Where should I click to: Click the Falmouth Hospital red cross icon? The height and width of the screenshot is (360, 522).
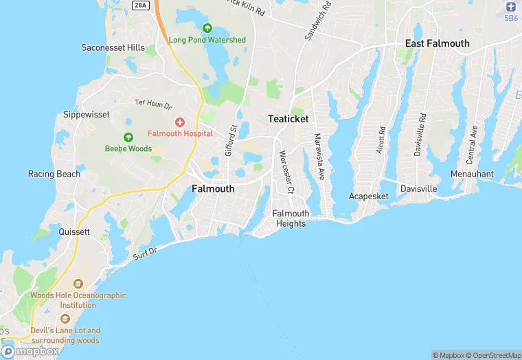[x=179, y=122]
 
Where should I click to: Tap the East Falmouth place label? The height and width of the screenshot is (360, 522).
[x=438, y=43]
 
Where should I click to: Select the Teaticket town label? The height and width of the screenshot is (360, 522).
[x=288, y=119]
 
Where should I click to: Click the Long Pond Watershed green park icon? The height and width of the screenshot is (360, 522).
[x=207, y=28]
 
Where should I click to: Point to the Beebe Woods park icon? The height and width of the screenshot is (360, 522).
[x=128, y=137]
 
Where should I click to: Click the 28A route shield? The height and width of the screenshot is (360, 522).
[x=140, y=5]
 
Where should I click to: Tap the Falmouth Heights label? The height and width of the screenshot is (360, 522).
[x=291, y=218]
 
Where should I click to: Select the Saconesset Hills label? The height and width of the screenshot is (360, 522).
[x=113, y=47]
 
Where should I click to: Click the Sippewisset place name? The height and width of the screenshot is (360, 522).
[x=87, y=115]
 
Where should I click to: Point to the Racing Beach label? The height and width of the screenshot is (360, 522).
[x=54, y=174]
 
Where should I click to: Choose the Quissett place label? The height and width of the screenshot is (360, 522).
[x=74, y=232]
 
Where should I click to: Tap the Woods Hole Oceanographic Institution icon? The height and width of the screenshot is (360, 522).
[x=78, y=284]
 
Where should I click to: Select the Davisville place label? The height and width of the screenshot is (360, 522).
[x=418, y=188]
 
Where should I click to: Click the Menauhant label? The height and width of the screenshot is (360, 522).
[x=472, y=174]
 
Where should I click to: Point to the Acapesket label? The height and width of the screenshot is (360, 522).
[x=368, y=196]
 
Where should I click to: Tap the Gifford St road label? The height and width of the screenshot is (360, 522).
[x=231, y=138]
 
